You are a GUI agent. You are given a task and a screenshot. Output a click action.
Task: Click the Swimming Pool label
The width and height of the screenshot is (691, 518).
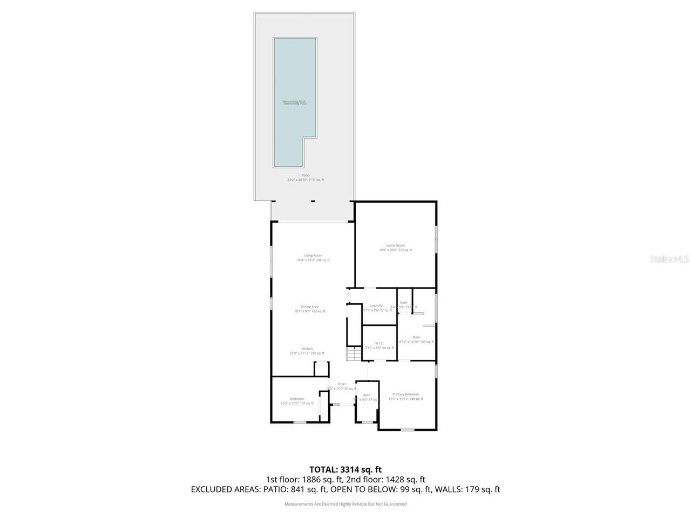pos(295,102)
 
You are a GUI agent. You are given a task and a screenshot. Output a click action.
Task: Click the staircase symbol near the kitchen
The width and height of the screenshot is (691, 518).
pos(353,354)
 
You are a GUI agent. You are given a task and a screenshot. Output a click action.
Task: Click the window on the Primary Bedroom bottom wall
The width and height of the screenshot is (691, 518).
pos(408,430)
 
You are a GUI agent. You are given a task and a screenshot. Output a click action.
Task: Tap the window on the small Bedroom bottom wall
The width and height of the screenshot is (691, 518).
pos(300,422)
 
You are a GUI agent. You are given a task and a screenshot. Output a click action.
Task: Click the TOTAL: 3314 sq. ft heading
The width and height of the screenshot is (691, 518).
pos(345,469)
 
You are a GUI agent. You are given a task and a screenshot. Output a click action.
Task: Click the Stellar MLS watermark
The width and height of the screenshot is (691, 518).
pos(669,260)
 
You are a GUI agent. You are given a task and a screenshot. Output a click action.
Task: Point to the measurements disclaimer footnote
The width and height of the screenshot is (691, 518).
pos(345,504)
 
